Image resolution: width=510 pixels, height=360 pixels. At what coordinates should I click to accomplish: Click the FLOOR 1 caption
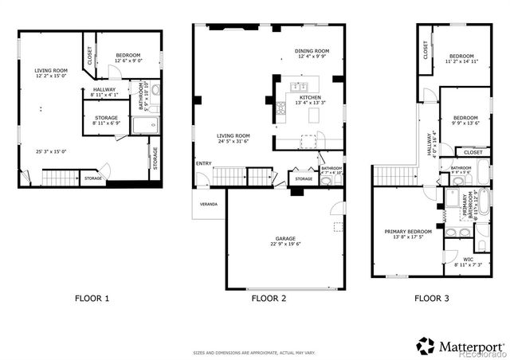click(x=92, y=299)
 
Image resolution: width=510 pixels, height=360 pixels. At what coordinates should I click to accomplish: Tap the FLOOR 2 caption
click(x=269, y=299)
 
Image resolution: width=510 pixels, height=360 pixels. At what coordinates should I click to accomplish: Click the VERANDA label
click(x=209, y=204)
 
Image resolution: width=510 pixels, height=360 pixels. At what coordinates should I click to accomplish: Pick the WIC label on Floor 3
click(x=468, y=259)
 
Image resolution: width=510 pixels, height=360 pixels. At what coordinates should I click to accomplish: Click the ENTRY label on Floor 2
click(x=203, y=165)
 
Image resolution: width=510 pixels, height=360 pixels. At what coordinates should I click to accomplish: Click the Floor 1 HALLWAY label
click(x=104, y=89)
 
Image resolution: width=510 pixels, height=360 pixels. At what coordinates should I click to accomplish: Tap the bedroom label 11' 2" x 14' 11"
click(x=461, y=61)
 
